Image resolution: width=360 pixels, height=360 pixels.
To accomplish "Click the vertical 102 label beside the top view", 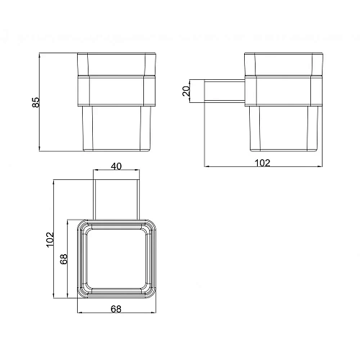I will click(49, 239).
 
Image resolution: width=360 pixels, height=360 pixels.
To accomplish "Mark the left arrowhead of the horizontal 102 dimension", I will click(206, 169).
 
